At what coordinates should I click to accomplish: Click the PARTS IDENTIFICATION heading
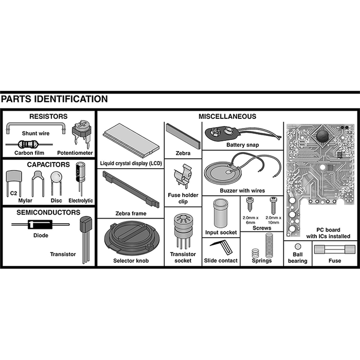coord(55,99)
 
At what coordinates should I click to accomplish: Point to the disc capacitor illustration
coord(56,179)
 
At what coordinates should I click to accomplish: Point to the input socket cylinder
coord(220,211)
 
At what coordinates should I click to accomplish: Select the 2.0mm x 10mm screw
coord(274,205)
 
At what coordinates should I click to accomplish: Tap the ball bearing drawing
coord(297,246)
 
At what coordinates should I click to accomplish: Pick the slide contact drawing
coord(222,247)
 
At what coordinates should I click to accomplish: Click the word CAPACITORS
coord(48,165)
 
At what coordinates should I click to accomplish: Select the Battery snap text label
coord(242,145)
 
